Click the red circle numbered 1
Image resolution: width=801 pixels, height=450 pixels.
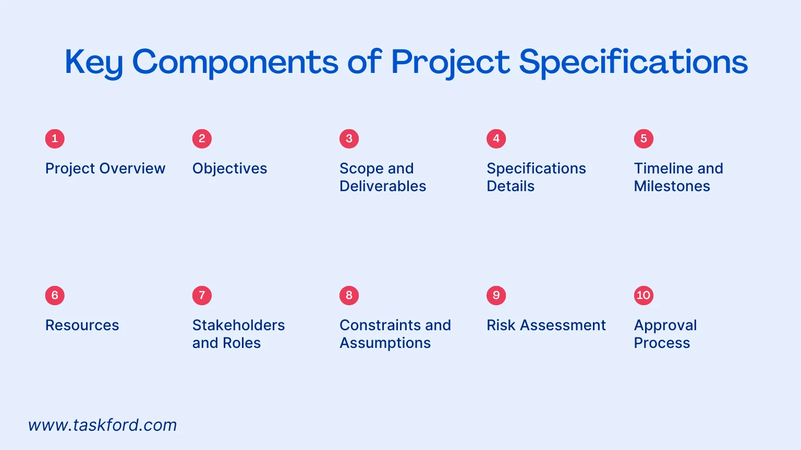click(55, 139)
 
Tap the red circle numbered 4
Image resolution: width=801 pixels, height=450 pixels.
click(496, 139)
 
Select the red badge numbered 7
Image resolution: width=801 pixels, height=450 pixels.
click(202, 295)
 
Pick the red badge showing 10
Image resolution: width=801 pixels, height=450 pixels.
click(644, 295)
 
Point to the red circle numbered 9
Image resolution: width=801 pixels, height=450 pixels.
click(496, 295)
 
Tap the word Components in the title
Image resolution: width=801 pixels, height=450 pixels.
click(235, 63)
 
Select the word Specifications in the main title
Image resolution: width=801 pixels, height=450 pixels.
click(633, 63)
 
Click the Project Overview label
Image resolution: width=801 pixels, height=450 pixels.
click(105, 169)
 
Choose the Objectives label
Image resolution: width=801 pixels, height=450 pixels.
click(229, 169)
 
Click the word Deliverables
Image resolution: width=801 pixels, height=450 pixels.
click(383, 186)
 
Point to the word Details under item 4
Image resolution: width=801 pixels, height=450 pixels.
click(511, 186)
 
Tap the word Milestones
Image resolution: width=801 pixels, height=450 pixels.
click(672, 186)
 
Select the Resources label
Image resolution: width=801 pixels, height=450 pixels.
click(82, 326)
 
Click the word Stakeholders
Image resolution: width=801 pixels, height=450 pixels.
click(238, 326)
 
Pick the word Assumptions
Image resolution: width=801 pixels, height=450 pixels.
click(385, 343)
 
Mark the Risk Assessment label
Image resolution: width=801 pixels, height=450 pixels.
click(546, 326)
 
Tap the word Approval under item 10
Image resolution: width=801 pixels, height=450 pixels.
click(665, 326)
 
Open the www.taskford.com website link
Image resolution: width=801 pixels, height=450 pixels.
click(103, 425)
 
